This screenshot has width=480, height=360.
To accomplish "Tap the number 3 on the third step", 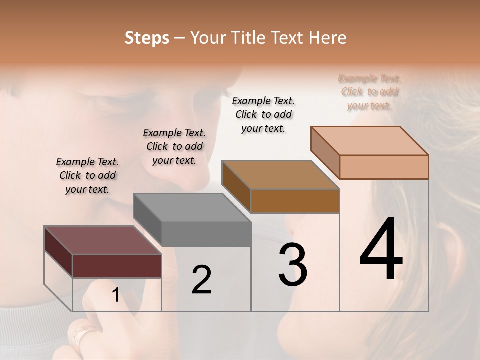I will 293,264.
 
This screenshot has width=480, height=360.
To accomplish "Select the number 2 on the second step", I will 201,280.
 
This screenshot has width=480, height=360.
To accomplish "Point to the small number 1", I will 115,295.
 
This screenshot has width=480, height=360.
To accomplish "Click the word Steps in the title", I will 147,38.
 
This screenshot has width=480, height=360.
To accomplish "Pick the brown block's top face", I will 280,175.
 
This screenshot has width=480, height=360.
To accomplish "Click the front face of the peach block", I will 384,167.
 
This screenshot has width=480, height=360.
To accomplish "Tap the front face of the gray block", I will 206,234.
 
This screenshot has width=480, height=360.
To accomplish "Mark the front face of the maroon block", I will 117,266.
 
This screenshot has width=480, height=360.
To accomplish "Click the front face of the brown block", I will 295,201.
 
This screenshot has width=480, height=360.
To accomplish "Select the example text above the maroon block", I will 87,175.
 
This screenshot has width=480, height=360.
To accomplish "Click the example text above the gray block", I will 174,146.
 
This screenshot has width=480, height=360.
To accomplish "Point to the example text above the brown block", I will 263,114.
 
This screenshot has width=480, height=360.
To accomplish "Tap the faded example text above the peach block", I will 369,92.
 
